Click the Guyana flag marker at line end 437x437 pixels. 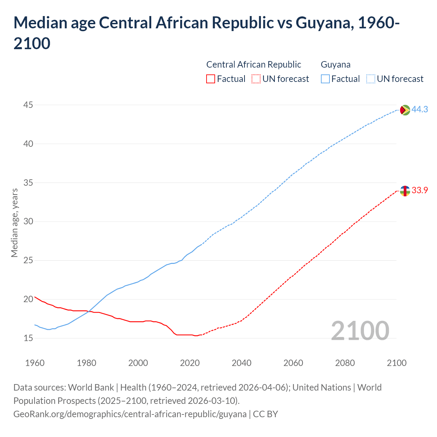pyautogui.click(x=405, y=110)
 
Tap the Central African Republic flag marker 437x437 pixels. pyautogui.click(x=405, y=191)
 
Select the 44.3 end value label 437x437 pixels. pyautogui.click(x=420, y=110)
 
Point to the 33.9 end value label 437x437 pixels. pyautogui.click(x=420, y=191)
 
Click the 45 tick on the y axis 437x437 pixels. pyautogui.click(x=28, y=105)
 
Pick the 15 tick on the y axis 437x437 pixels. pyautogui.click(x=28, y=338)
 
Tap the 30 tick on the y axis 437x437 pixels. pyautogui.click(x=28, y=222)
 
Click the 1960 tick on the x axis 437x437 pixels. pyautogui.click(x=35, y=363)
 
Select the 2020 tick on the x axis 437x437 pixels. pyautogui.click(x=190, y=363)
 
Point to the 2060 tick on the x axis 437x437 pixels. pyautogui.click(x=293, y=363)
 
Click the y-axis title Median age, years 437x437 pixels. pyautogui.click(x=14, y=222)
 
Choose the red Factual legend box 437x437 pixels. pyautogui.click(x=211, y=79)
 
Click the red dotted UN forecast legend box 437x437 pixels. pyautogui.click(x=256, y=79)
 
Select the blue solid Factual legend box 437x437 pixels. pyautogui.click(x=325, y=79)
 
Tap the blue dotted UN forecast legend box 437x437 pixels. pyautogui.click(x=370, y=79)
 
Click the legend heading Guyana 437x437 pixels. pyautogui.click(x=336, y=65)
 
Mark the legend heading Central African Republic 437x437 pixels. pyautogui.click(x=254, y=65)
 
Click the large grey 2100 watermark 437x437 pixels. pyautogui.click(x=360, y=331)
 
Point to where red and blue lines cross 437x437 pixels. pyautogui.click(x=89, y=311)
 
